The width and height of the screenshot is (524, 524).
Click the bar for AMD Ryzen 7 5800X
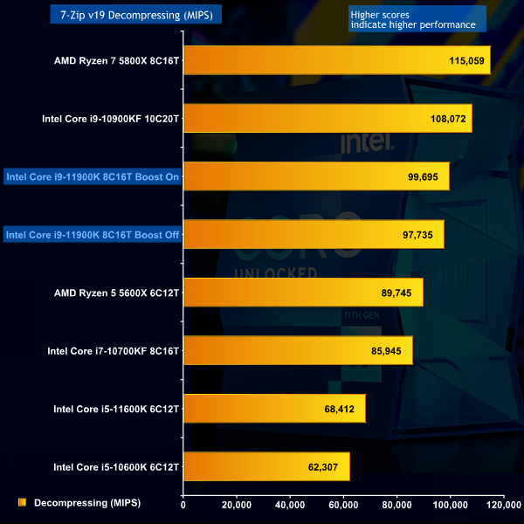pyautogui.click(x=336, y=60)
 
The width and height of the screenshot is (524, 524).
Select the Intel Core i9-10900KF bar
pyautogui.click(x=327, y=118)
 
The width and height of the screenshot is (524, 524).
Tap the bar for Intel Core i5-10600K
pyautogui.click(x=266, y=466)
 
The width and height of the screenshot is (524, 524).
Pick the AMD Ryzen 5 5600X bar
pyautogui.click(x=303, y=293)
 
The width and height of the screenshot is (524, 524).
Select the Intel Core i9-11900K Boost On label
pyautogui.click(x=92, y=176)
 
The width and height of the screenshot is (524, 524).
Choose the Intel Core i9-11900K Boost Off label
pyautogui.click(x=92, y=234)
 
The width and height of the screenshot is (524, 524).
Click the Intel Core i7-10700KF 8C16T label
pyautogui.click(x=113, y=351)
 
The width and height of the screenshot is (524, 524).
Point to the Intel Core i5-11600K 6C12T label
pyautogui.click(x=115, y=409)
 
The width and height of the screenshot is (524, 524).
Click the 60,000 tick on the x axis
pyautogui.click(x=343, y=505)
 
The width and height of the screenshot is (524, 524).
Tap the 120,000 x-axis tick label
pyautogui.click(x=503, y=505)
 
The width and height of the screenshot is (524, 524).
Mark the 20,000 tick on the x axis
pyautogui.click(x=237, y=505)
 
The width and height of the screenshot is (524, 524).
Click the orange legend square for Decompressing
pyautogui.click(x=22, y=502)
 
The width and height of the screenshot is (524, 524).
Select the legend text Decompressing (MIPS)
pyautogui.click(x=86, y=502)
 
